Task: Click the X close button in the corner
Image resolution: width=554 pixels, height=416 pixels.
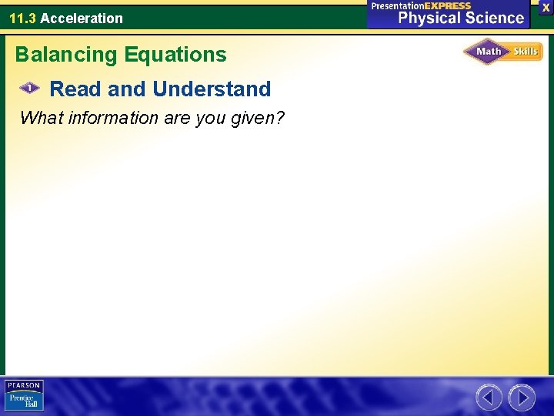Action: pyautogui.click(x=546, y=7)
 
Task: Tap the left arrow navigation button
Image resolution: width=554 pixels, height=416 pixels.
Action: pyautogui.click(x=489, y=398)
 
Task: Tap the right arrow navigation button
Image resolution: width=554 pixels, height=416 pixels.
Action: pyautogui.click(x=522, y=398)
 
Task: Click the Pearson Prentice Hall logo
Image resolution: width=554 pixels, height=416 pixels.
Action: pyautogui.click(x=24, y=396)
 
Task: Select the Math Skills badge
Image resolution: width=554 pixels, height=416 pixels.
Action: pyautogui.click(x=502, y=52)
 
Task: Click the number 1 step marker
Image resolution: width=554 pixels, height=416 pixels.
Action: pyautogui.click(x=29, y=89)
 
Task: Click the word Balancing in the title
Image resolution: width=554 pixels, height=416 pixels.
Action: pyautogui.click(x=65, y=55)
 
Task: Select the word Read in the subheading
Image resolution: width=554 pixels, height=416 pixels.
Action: pyautogui.click(x=75, y=89)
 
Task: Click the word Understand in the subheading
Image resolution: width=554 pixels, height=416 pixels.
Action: pyautogui.click(x=212, y=89)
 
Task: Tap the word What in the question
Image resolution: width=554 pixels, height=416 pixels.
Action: pyautogui.click(x=38, y=118)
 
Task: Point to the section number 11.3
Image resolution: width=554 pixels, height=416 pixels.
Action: pyautogui.click(x=22, y=18)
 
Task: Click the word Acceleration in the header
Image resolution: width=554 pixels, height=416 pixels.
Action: pyautogui.click(x=82, y=18)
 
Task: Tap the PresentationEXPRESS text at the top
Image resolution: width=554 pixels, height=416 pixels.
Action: pyautogui.click(x=421, y=5)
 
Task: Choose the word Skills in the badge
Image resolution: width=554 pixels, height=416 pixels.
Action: pyautogui.click(x=526, y=52)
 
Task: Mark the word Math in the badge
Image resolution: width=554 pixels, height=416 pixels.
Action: pyautogui.click(x=489, y=52)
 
